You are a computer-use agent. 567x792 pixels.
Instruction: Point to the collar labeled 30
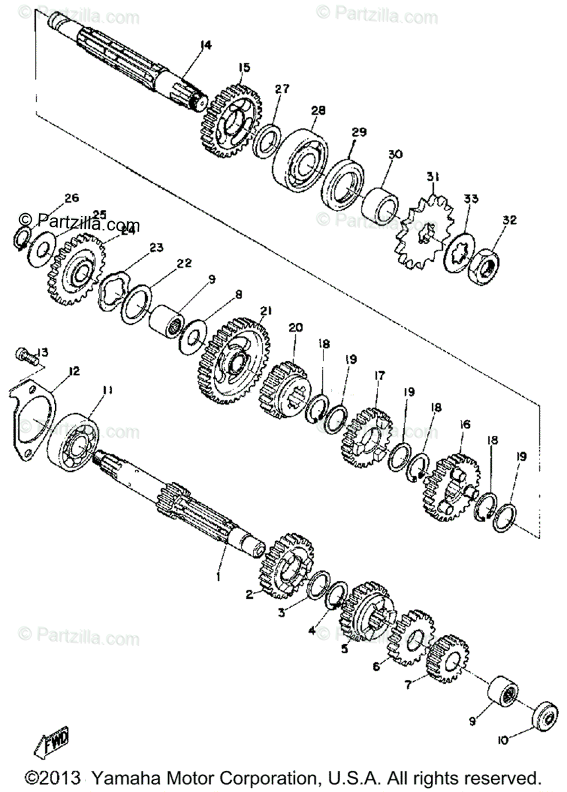point(382,207)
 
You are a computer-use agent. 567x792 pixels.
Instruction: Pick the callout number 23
point(156,248)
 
